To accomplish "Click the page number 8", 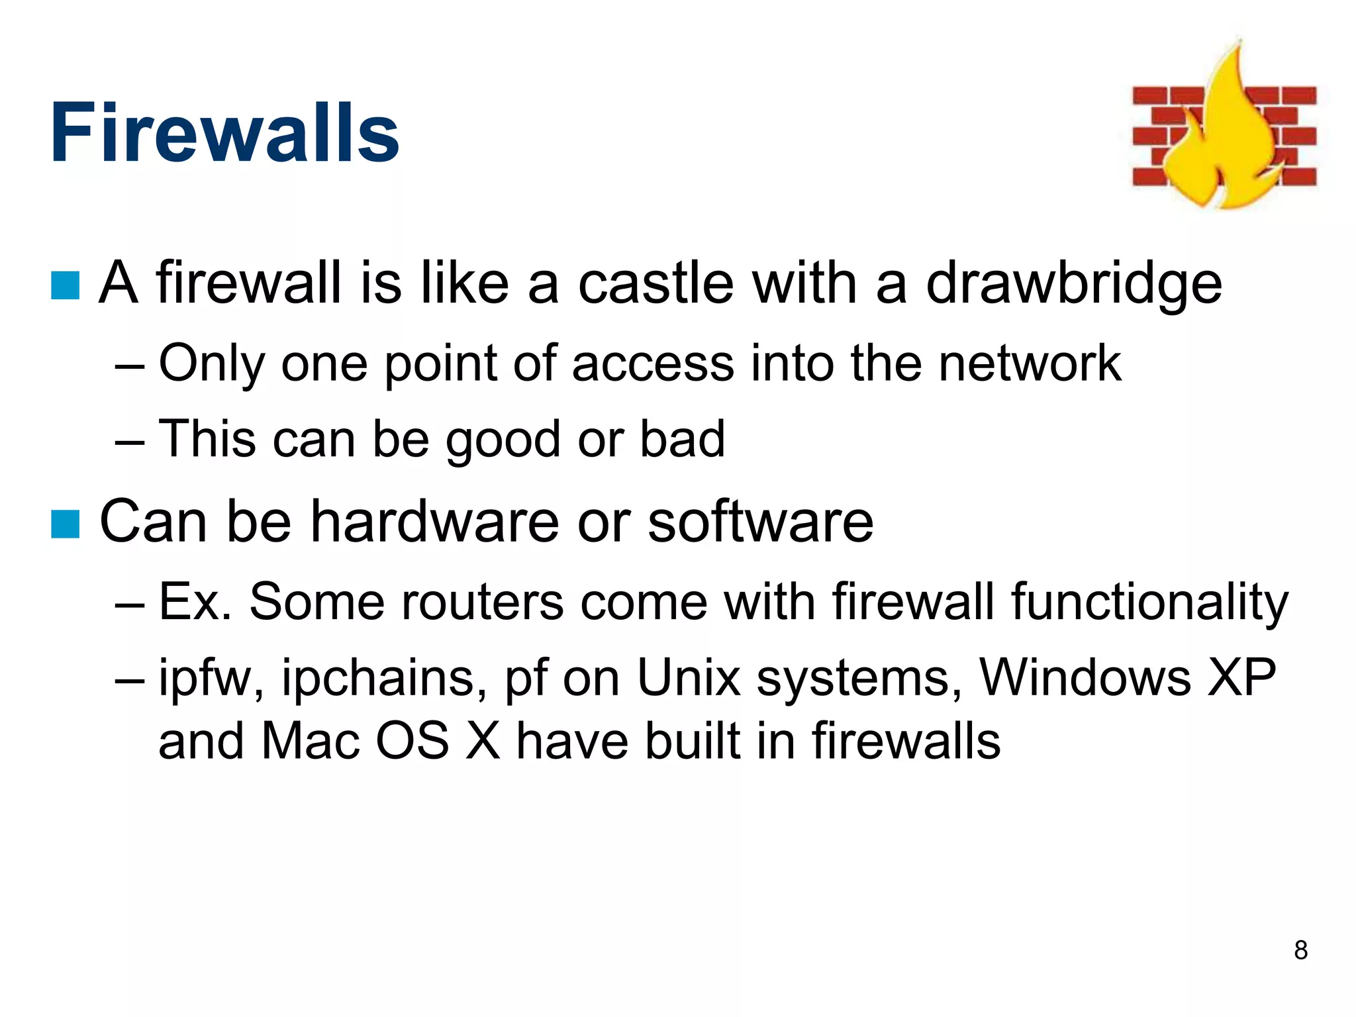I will tap(1300, 950).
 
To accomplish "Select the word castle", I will tap(656, 283).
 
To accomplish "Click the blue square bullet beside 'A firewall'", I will tap(65, 285).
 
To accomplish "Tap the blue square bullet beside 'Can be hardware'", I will tap(65, 524).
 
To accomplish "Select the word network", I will tap(1030, 363).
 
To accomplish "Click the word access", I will tap(653, 364).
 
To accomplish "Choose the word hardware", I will tap(436, 522).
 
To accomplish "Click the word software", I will tap(760, 522).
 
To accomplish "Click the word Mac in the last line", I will tap(311, 741).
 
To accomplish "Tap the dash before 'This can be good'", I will tap(129, 440).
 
